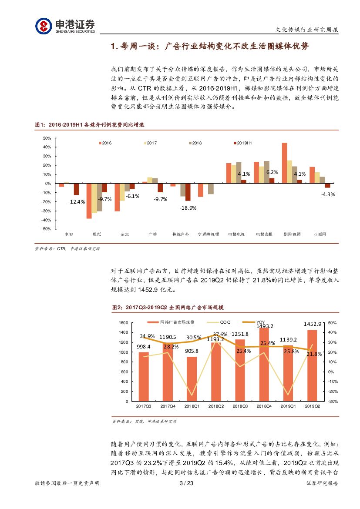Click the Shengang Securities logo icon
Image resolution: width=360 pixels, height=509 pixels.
[44, 25]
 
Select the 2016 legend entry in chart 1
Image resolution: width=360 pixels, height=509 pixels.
[105, 143]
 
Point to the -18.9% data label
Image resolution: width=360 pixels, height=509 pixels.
[188, 208]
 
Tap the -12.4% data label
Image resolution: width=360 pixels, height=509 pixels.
[76, 201]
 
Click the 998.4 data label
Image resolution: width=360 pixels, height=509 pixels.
[144, 347]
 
